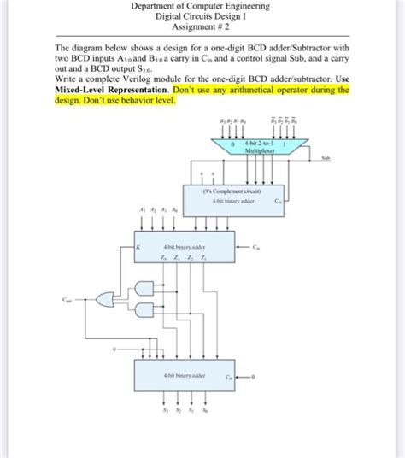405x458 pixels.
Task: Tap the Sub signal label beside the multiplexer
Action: tap(326, 157)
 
